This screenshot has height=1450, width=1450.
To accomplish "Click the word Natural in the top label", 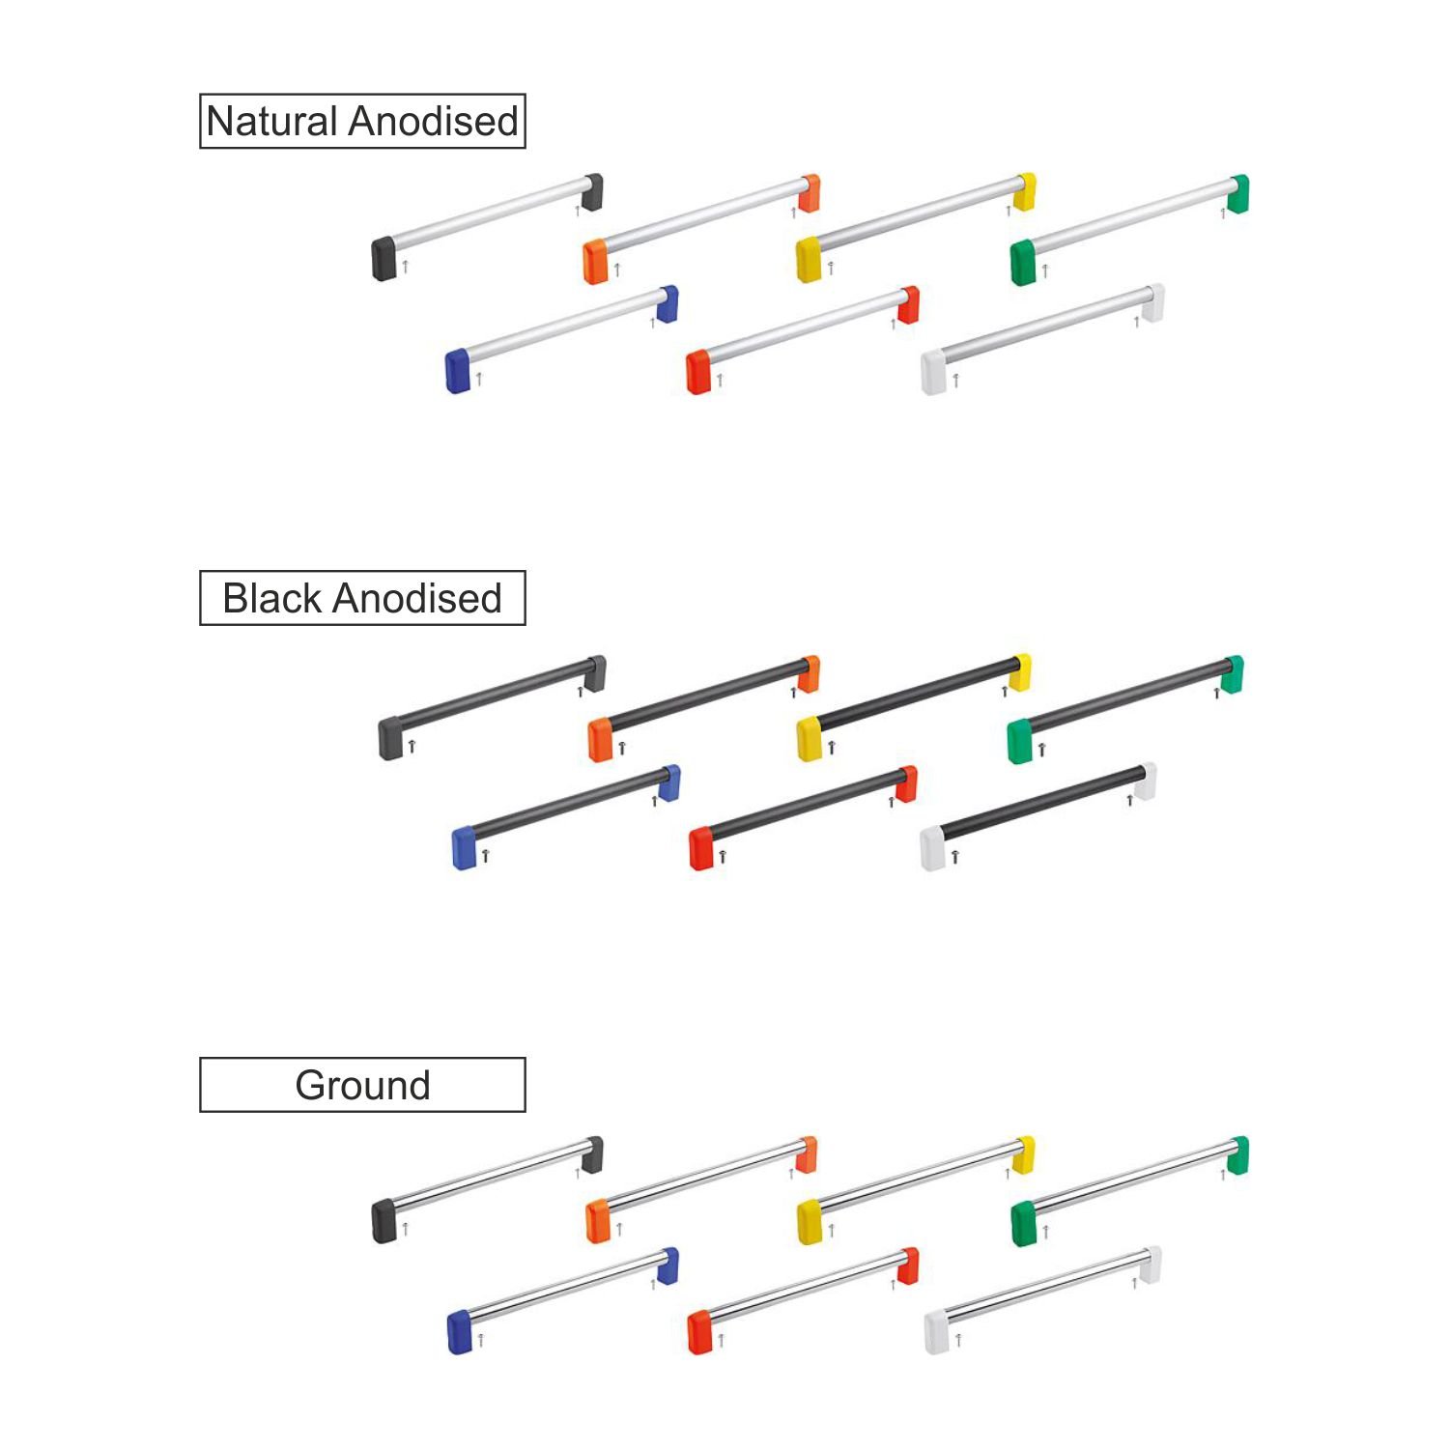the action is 273,122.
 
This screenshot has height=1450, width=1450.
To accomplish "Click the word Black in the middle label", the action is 271,599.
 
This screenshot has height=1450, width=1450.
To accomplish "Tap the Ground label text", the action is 362,1086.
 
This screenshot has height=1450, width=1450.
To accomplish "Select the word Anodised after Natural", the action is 434,122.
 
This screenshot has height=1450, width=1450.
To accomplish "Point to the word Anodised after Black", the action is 416,599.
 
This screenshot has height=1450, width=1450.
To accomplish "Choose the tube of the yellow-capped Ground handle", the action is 919,1175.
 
